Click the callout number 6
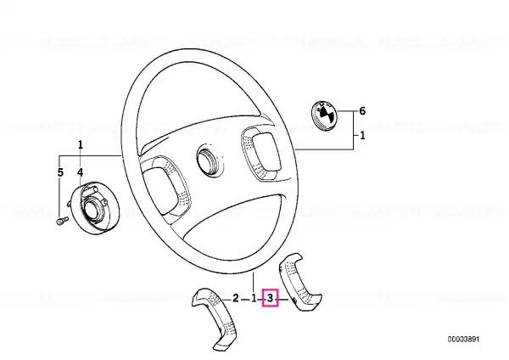pyautogui.click(x=362, y=111)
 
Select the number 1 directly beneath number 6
pyautogui.click(x=362, y=135)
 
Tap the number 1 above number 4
pyautogui.click(x=81, y=144)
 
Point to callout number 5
pyautogui.click(x=60, y=172)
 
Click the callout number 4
pyautogui.click(x=81, y=172)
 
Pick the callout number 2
pyautogui.click(x=236, y=298)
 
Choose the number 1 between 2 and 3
pyautogui.click(x=254, y=298)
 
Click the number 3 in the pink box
pyautogui.click(x=270, y=298)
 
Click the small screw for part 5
pyautogui.click(x=62, y=222)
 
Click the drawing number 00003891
pyautogui.click(x=463, y=340)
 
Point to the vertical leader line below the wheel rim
pyautogui.click(x=253, y=282)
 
